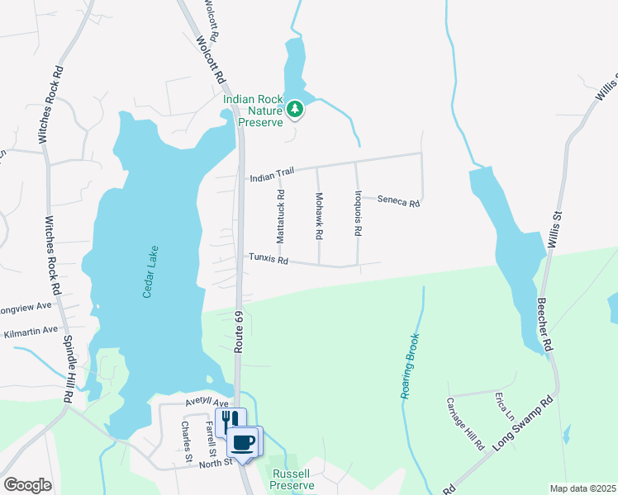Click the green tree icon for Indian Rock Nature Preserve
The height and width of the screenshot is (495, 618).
294,109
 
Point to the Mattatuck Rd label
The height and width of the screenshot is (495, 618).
281,217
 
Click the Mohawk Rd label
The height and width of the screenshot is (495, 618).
319,217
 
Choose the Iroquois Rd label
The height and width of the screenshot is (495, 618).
358,214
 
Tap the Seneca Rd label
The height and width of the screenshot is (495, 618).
399,200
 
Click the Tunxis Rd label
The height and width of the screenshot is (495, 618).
269,260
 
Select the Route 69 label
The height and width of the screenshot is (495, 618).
239,333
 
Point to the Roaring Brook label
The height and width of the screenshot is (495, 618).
411,366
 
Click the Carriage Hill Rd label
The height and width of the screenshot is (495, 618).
464,423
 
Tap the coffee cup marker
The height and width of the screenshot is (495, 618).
243,441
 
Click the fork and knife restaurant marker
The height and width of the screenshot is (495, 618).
230,422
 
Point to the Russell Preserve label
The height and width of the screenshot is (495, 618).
292,479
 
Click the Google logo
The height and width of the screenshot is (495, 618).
27,485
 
